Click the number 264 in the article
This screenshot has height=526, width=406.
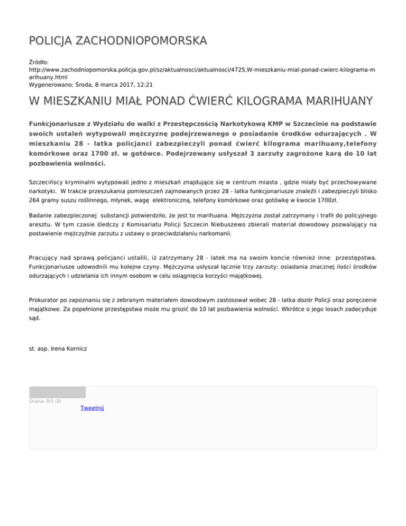[x=35, y=201]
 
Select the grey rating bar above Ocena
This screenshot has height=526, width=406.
[x=57, y=392]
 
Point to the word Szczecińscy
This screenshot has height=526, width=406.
[x=49, y=182]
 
